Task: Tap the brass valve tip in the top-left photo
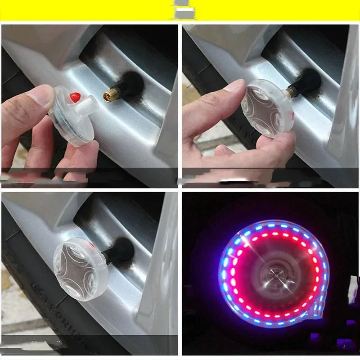pyautogui.click(x=110, y=94)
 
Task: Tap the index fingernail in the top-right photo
pyautogui.click(x=235, y=85)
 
